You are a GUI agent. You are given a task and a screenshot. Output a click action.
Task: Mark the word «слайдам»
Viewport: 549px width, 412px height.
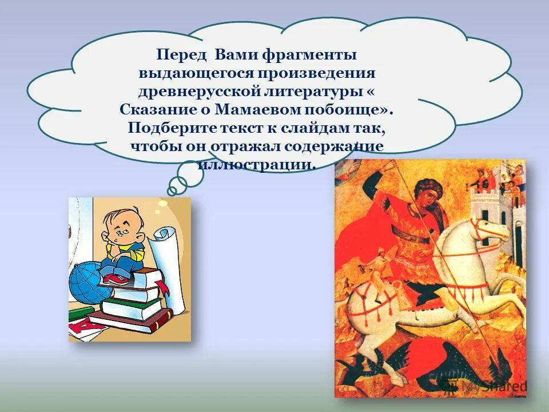pos(316,127)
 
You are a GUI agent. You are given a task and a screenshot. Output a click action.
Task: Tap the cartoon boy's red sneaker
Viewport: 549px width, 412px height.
pos(117,279)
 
